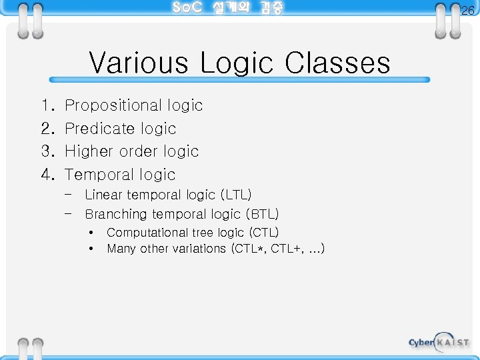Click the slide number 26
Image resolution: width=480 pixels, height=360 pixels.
[467, 11]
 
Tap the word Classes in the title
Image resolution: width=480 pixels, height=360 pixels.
[337, 63]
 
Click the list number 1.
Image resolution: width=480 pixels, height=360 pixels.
[46, 105]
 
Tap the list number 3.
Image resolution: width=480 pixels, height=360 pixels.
[47, 151]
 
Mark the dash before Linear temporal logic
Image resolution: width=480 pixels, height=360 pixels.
[69, 195]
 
